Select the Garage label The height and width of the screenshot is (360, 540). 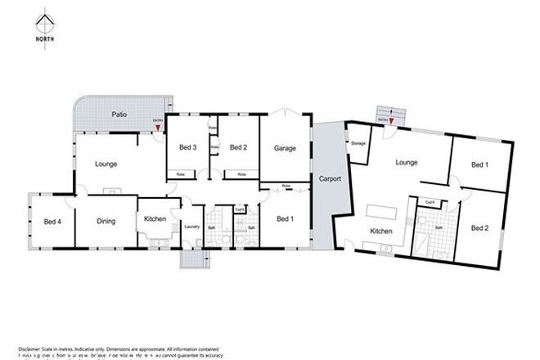[285, 148]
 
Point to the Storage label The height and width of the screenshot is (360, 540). [358, 144]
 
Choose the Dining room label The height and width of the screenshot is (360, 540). [106, 221]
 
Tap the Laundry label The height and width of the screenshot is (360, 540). [192, 227]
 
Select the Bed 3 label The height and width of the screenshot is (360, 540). [187, 147]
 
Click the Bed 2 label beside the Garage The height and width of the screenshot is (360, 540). [238, 147]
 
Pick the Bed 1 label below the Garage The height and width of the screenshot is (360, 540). [285, 218]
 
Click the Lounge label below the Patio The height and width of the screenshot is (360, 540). [106, 164]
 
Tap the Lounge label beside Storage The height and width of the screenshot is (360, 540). [407, 162]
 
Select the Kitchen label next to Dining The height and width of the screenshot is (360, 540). [155, 219]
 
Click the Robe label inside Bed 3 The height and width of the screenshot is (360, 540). [181, 174]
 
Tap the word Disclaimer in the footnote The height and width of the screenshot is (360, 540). [28, 349]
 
